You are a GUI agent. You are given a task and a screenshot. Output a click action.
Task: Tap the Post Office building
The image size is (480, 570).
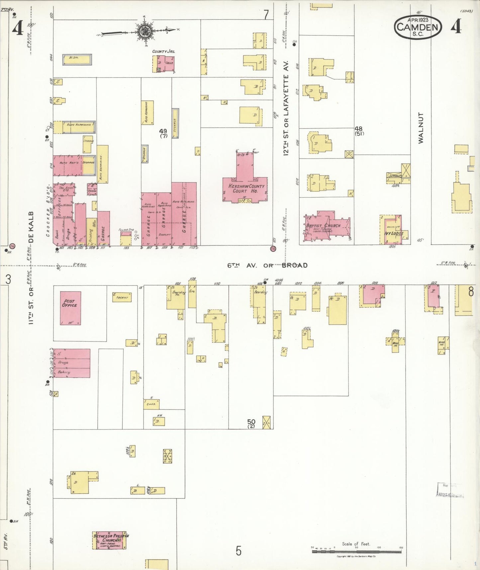[x=70, y=308]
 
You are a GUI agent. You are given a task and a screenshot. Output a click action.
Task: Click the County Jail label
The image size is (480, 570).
[x=163, y=52]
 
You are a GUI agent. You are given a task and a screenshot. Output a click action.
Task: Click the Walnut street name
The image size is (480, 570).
[x=421, y=128]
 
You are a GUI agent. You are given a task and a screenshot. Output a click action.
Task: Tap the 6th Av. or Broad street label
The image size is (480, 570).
[x=267, y=265]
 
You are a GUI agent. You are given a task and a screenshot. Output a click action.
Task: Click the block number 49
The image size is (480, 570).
[x=163, y=131]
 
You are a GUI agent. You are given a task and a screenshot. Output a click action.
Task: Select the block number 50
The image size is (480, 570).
[x=251, y=422]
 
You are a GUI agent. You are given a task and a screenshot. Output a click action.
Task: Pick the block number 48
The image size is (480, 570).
[x=358, y=129]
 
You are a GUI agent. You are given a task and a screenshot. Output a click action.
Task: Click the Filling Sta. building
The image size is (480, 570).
[x=126, y=239]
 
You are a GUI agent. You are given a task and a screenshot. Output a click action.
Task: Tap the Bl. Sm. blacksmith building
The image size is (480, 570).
[x=77, y=60]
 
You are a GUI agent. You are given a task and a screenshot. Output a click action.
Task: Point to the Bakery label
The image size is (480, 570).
[x=64, y=372]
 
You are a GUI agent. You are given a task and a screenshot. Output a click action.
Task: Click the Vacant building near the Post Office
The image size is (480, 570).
[x=122, y=297]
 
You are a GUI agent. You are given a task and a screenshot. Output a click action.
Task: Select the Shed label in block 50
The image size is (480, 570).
[x=151, y=404]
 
